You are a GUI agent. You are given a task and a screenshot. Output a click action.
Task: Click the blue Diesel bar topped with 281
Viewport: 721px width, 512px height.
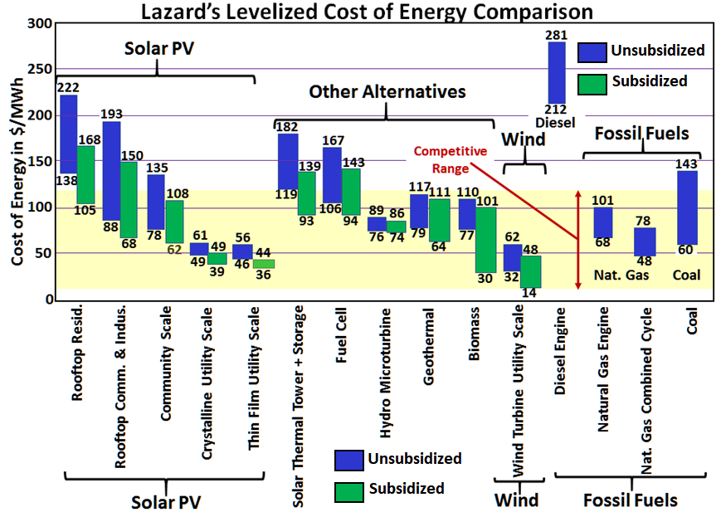pos(557,72)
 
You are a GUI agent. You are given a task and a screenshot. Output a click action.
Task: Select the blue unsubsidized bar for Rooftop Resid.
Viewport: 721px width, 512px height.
pos(69,133)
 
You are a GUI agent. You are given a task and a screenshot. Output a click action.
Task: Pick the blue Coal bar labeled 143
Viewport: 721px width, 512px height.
pos(687,207)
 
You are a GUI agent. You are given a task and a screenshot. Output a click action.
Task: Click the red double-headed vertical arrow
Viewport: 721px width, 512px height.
pos(578,240)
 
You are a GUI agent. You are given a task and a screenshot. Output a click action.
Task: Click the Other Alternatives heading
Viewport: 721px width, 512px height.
pos(387,91)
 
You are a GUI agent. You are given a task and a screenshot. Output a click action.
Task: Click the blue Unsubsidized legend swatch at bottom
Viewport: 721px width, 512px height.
pos(349,459)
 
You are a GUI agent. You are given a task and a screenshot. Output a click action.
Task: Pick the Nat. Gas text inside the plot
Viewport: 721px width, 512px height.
pos(613,275)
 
